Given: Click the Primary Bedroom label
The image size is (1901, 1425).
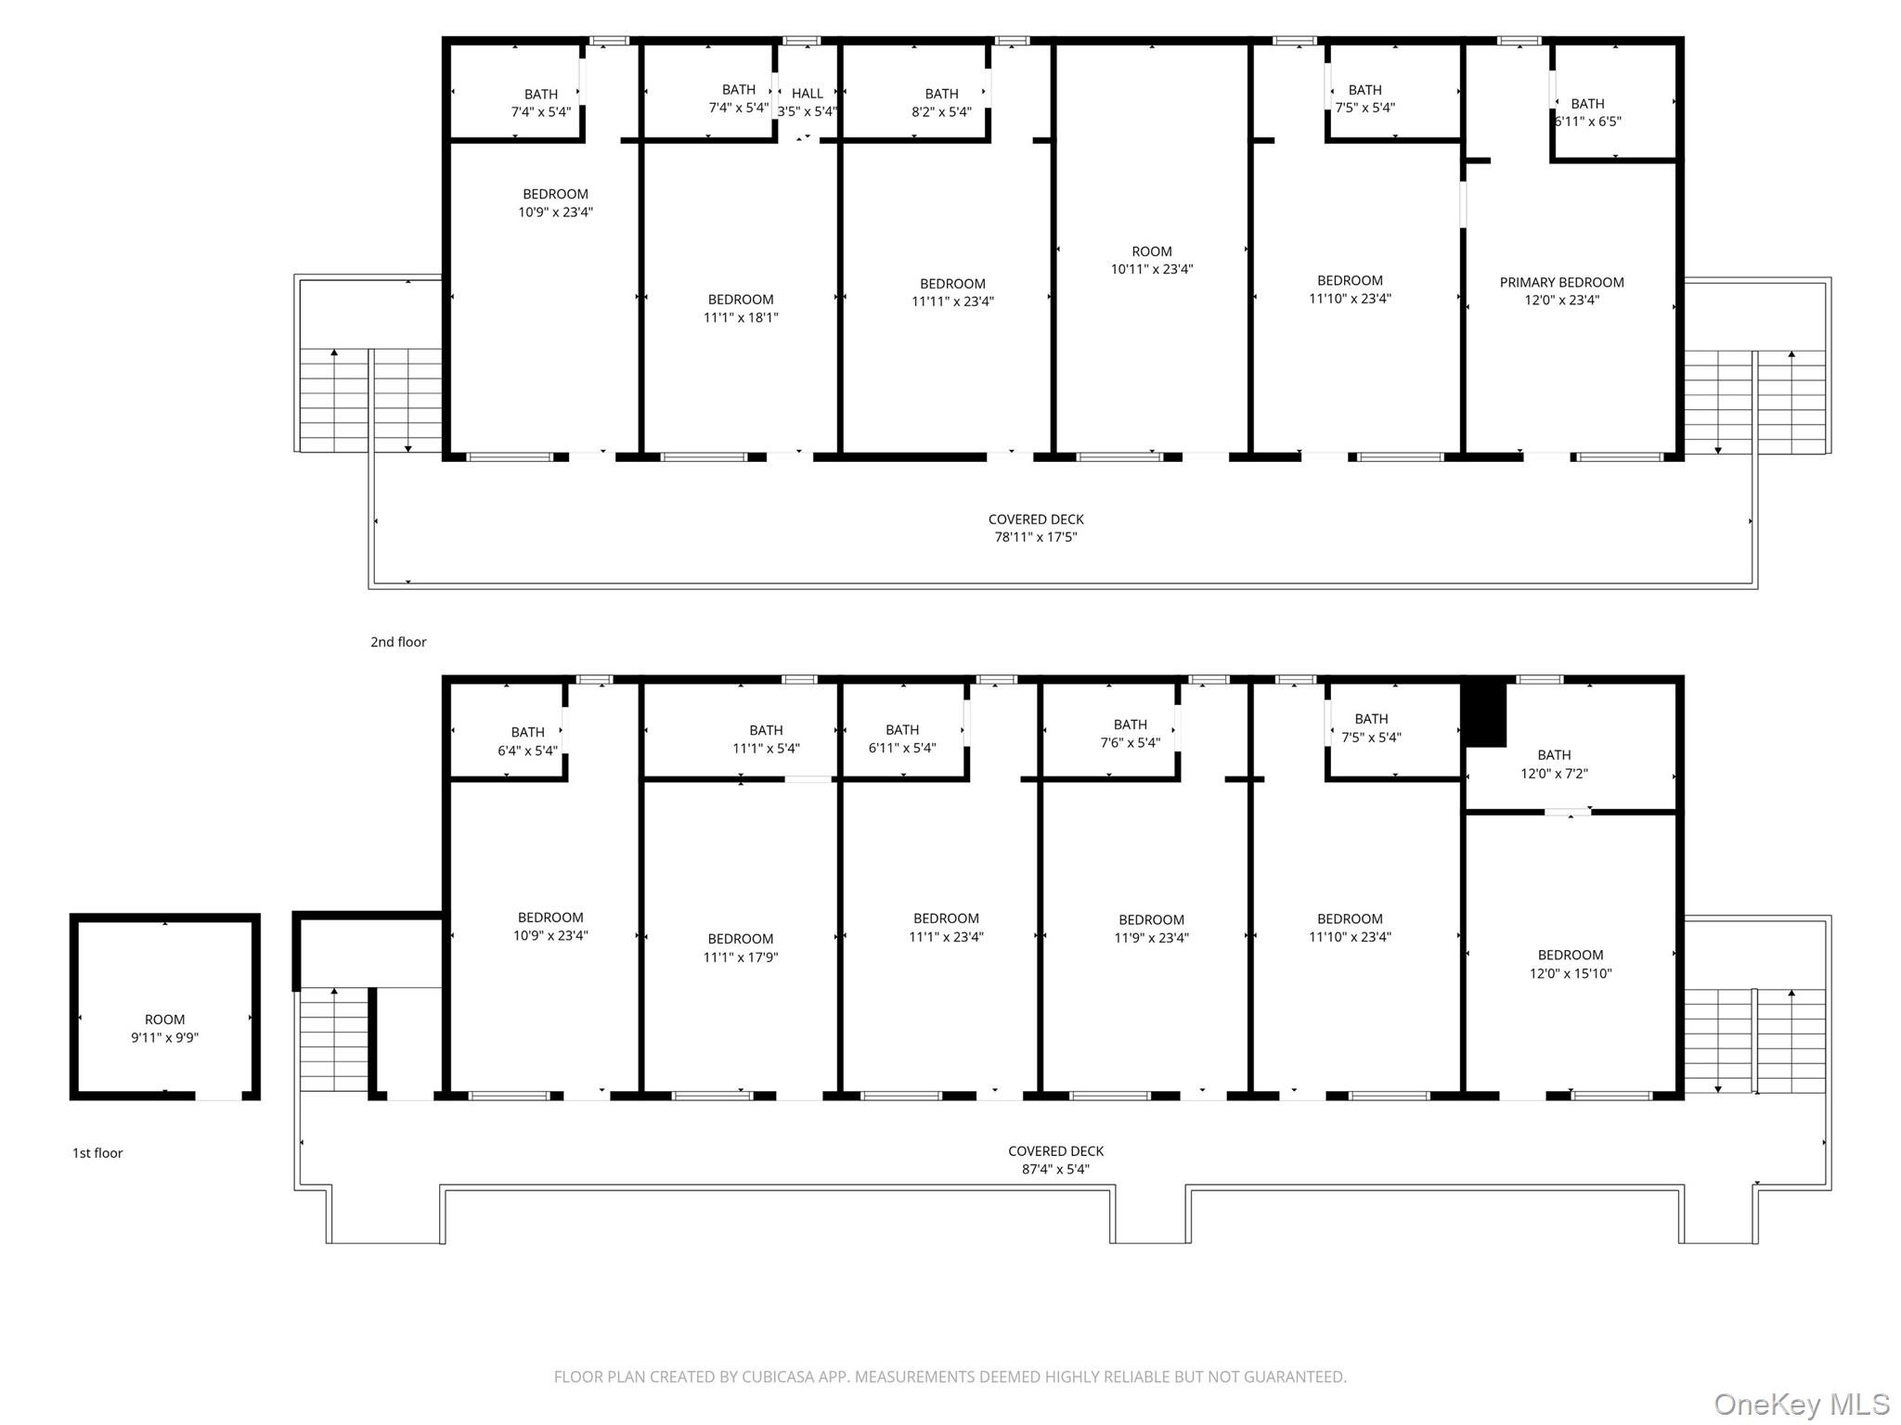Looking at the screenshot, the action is [1561, 282].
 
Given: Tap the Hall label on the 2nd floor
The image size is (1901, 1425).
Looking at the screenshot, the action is [808, 94].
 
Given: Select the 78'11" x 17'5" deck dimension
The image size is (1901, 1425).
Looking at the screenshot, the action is [1036, 537].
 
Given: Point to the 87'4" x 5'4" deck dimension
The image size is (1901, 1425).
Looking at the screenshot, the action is [1055, 1169].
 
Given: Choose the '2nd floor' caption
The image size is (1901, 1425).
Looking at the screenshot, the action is [398, 642].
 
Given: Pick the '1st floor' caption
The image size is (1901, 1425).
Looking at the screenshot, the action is [97, 1153].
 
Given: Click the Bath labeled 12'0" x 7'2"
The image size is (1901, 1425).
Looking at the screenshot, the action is [1554, 764].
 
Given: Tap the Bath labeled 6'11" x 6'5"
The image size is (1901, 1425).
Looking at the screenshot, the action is [1587, 112].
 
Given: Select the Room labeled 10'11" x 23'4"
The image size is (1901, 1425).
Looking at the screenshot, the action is [1152, 261].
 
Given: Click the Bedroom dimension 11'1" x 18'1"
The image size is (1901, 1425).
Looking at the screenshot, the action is [741, 317].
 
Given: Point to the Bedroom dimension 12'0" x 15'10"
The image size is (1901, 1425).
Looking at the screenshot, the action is [1571, 973].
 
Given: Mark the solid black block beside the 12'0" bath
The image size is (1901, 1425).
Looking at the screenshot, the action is [1484, 714].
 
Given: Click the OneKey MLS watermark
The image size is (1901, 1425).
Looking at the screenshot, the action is [1802, 1404].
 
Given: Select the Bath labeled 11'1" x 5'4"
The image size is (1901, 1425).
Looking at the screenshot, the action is [766, 739].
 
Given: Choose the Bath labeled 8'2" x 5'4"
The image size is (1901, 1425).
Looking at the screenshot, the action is [941, 103].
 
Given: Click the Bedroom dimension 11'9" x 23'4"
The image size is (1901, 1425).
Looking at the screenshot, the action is [1151, 938].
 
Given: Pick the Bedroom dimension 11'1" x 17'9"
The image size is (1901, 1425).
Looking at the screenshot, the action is [741, 957].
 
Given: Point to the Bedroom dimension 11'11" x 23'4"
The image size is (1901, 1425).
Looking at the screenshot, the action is [952, 302].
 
